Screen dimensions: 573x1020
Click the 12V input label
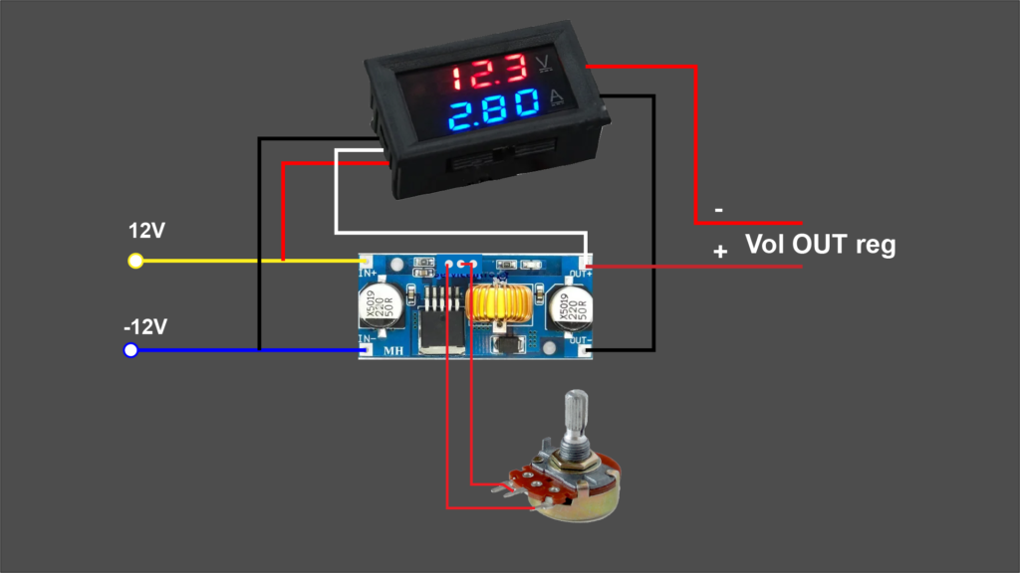pyautogui.click(x=146, y=231)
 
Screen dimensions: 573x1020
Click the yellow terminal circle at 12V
pyautogui.click(x=135, y=262)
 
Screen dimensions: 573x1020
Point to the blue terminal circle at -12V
pyautogui.click(x=129, y=350)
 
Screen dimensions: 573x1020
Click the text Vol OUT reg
pyautogui.click(x=820, y=244)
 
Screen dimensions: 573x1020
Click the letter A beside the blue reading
pyautogui.click(x=558, y=99)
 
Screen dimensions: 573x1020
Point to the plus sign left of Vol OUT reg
pyautogui.click(x=720, y=253)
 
